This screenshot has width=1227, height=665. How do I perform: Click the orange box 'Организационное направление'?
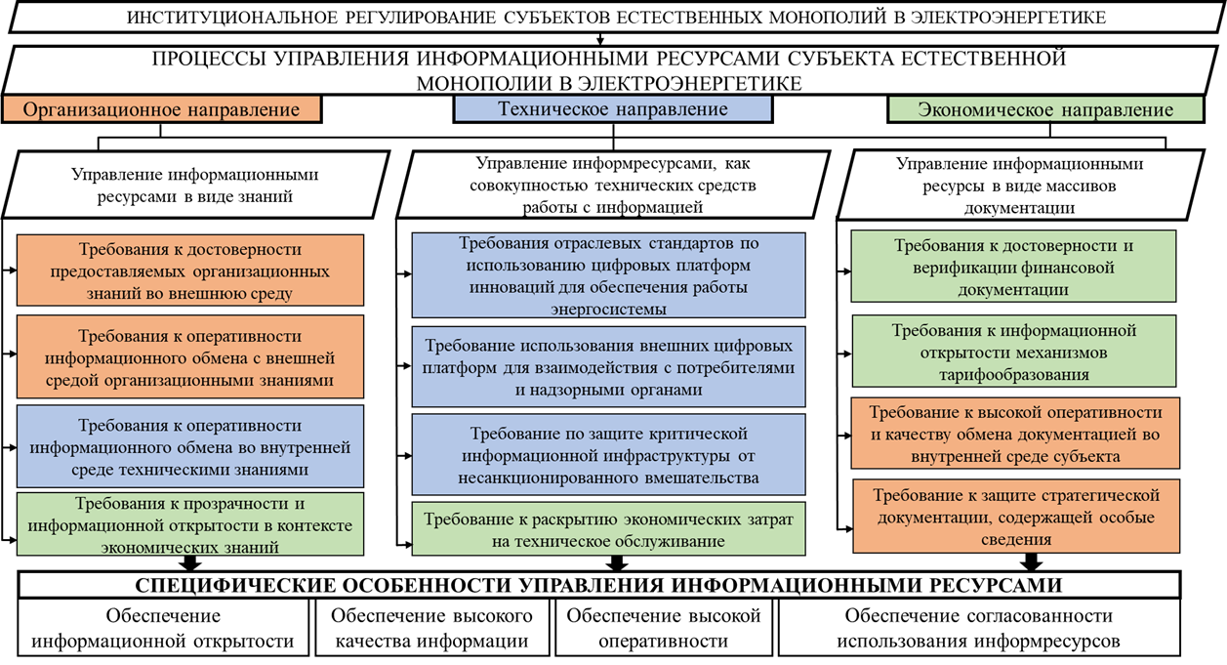161,109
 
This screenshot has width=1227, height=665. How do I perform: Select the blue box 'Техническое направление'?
613,109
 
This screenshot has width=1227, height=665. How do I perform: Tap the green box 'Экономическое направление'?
1045,110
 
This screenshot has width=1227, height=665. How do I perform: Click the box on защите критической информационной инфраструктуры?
608,455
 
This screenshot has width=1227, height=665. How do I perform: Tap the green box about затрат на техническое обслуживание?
608,528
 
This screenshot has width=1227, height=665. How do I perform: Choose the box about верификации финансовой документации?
1014,266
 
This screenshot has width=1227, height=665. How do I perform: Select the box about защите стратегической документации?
1014,517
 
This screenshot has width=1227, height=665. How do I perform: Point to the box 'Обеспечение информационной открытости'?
163,629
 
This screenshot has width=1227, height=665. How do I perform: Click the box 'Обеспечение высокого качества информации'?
431,629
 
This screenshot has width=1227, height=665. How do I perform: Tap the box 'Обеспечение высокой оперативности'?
663,629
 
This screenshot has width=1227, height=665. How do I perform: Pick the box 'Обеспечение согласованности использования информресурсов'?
978,629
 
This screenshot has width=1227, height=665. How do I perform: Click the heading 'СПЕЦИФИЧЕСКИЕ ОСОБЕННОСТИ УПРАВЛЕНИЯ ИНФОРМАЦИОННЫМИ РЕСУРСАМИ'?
598,585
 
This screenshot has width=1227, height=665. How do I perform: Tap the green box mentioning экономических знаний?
190,525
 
